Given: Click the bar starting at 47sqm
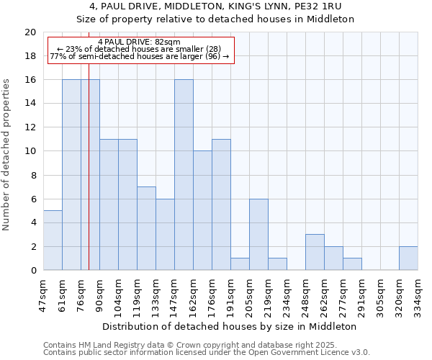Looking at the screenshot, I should [53, 240].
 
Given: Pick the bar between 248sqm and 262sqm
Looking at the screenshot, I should [315, 252].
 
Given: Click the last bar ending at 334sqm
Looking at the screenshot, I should [408, 258].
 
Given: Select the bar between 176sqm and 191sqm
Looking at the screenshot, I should [221, 204].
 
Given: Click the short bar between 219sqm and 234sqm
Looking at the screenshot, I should [277, 264].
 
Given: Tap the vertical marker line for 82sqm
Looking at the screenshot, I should [89, 173].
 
